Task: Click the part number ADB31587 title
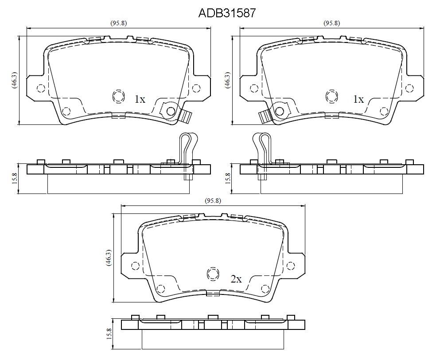pyautogui.click(x=227, y=13)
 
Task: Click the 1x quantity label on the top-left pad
pyautogui.click(x=140, y=99)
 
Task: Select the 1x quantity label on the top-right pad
pyautogui.click(x=358, y=99)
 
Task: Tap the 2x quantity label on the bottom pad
pyautogui.click(x=236, y=279)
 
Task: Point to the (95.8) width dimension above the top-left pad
pyautogui.click(x=118, y=23)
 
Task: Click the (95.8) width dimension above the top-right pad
pyautogui.click(x=332, y=23)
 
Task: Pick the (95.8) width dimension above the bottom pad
pyautogui.click(x=213, y=201)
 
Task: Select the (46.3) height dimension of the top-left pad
pyautogui.click(x=14, y=80)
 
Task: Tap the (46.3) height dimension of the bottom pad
pyautogui.click(x=109, y=258)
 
